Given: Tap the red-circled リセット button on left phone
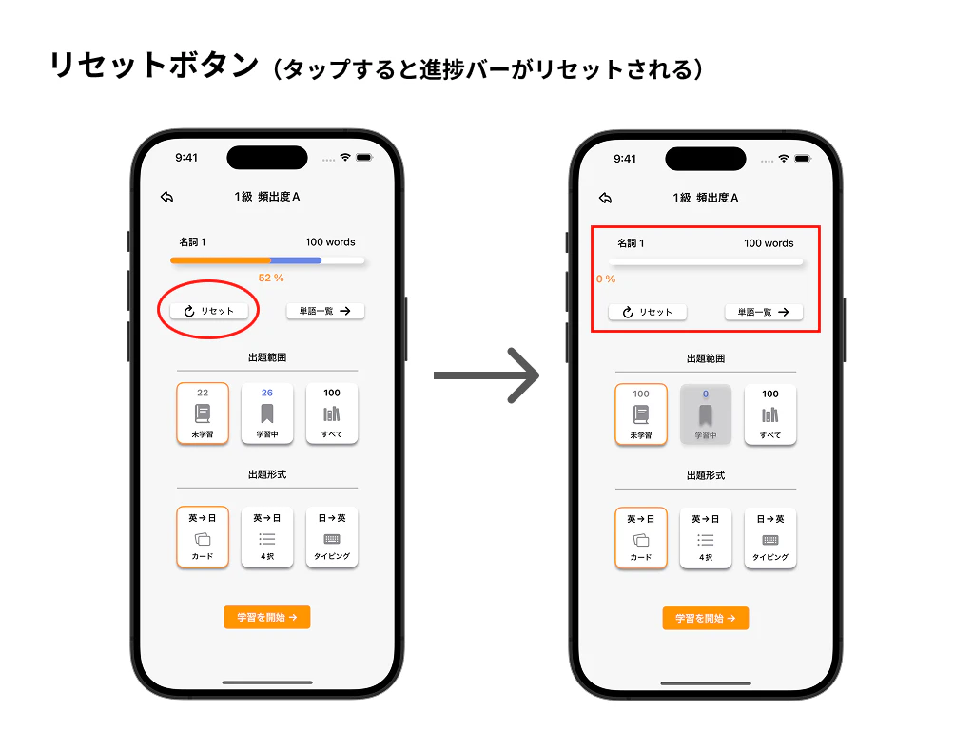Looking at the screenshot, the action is pos(208,311).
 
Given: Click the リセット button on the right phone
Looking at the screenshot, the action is pos(647,312).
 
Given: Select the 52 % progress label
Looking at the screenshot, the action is pos(271,279).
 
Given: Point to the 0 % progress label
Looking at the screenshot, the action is pos(606,279).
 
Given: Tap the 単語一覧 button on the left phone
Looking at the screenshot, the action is pos(325,311).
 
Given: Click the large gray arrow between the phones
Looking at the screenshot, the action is pos(486,375).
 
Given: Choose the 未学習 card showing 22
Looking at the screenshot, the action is pos(203,413).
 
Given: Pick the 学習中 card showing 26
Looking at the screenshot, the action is pos(267,413).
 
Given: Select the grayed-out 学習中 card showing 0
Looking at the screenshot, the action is pos(706,414).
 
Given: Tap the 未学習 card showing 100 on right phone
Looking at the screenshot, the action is pos(641,414).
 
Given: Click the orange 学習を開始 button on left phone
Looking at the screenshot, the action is pos(267,618).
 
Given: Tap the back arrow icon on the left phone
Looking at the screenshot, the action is pos(167,197).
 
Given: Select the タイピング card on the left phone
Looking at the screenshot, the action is pos(332,538).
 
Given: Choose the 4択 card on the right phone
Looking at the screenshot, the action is pos(706,539).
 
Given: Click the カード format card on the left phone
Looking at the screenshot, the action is pos(203,538).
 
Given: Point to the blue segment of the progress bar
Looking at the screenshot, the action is pos(296,260).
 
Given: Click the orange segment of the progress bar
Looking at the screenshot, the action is pos(221,260).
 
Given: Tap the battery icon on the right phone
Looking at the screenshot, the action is pos(803,159).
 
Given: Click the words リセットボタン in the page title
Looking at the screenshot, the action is pos(154,66).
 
